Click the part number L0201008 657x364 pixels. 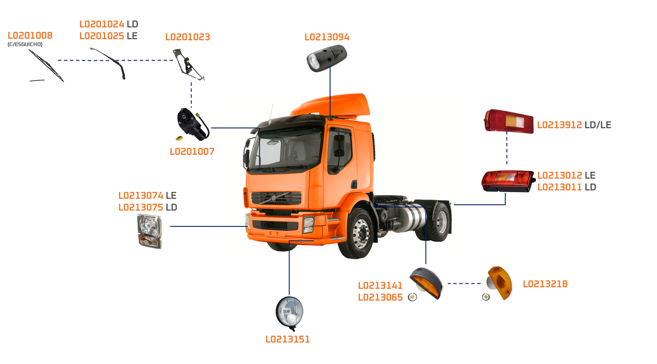click(30, 35)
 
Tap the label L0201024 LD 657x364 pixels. click(109, 24)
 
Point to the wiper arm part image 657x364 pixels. click(109, 62)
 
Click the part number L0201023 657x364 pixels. click(187, 37)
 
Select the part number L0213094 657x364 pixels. click(326, 37)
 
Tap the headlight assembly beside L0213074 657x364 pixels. click(149, 232)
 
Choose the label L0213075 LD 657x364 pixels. click(148, 207)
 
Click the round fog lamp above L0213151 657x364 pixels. click(289, 312)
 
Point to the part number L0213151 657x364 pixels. click(287, 339)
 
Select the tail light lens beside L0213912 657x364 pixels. click(509, 121)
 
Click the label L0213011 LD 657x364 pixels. click(567, 187)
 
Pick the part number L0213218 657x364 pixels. click(545, 284)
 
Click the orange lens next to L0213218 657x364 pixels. click(499, 283)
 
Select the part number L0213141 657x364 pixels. click(380, 285)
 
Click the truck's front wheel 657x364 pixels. click(357, 233)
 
